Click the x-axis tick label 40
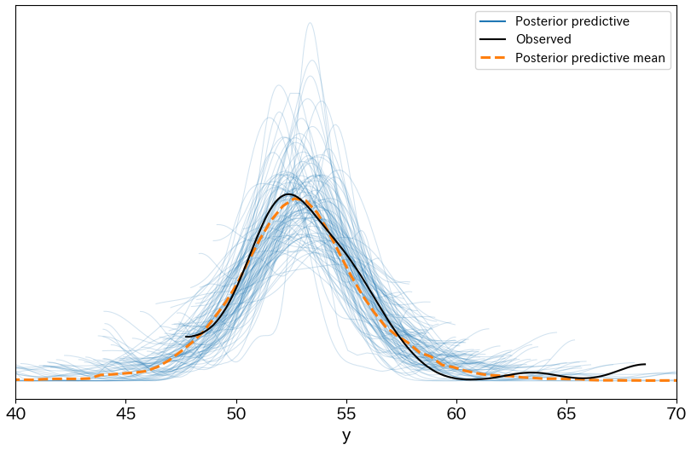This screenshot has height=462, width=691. click(16, 414)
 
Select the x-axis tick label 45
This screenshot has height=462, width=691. click(126, 414)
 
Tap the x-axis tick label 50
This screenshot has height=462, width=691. click(236, 414)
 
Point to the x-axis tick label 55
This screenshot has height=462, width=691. click(346, 414)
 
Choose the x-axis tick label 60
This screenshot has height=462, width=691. click(456, 414)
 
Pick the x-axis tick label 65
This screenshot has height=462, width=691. click(566, 414)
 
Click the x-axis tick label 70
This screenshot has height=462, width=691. click(676, 414)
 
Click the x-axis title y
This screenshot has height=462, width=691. click(346, 436)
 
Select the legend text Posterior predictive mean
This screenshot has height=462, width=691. click(590, 58)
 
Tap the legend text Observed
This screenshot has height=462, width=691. click(543, 39)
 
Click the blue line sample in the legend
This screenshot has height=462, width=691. click(493, 21)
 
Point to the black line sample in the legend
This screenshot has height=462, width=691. click(493, 39)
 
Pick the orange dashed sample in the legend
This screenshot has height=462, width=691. click(493, 58)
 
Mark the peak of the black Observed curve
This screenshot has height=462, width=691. click(289, 193)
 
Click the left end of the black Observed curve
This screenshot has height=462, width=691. click(186, 337)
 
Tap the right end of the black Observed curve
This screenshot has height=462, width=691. click(645, 364)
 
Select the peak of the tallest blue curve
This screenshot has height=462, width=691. click(310, 23)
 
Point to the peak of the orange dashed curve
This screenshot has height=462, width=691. click(294, 199)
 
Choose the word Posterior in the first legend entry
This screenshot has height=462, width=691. click(538, 21)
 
